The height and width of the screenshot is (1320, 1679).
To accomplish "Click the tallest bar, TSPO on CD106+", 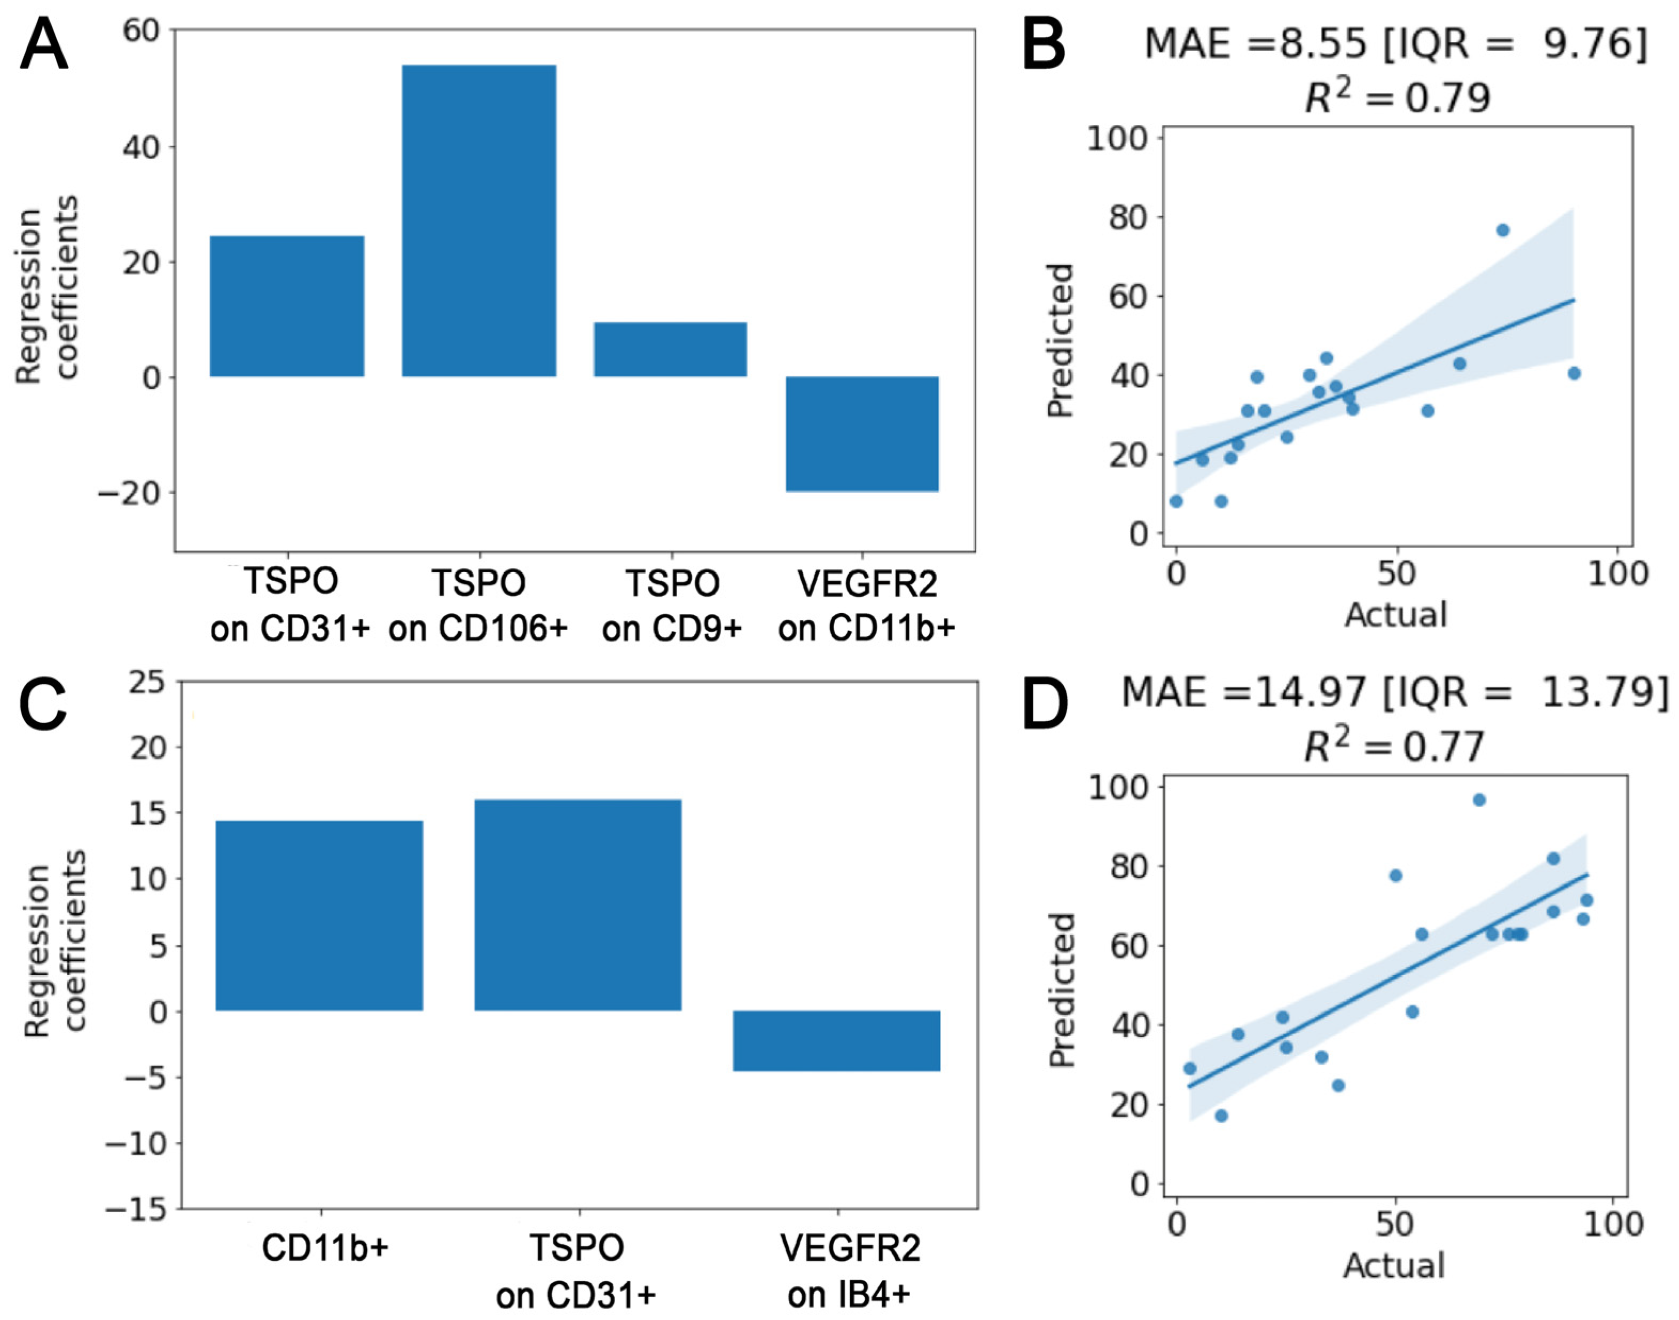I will pos(478,220).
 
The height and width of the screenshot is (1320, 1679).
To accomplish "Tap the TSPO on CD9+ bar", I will pos(670,349).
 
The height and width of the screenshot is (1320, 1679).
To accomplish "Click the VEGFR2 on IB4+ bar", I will pos(836,1040).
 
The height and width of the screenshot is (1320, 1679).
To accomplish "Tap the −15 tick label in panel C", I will pos(136,1209).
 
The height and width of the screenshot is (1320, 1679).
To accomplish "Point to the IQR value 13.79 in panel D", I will pos(1604,692).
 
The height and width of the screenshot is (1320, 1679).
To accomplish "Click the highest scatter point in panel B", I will pos(1503,230).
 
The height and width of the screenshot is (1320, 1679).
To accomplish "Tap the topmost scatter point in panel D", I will pos(1479,800).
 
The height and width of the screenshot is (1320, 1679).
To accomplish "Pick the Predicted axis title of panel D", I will pos(1062,990).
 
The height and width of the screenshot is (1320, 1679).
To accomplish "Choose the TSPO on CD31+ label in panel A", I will pos(290,605).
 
